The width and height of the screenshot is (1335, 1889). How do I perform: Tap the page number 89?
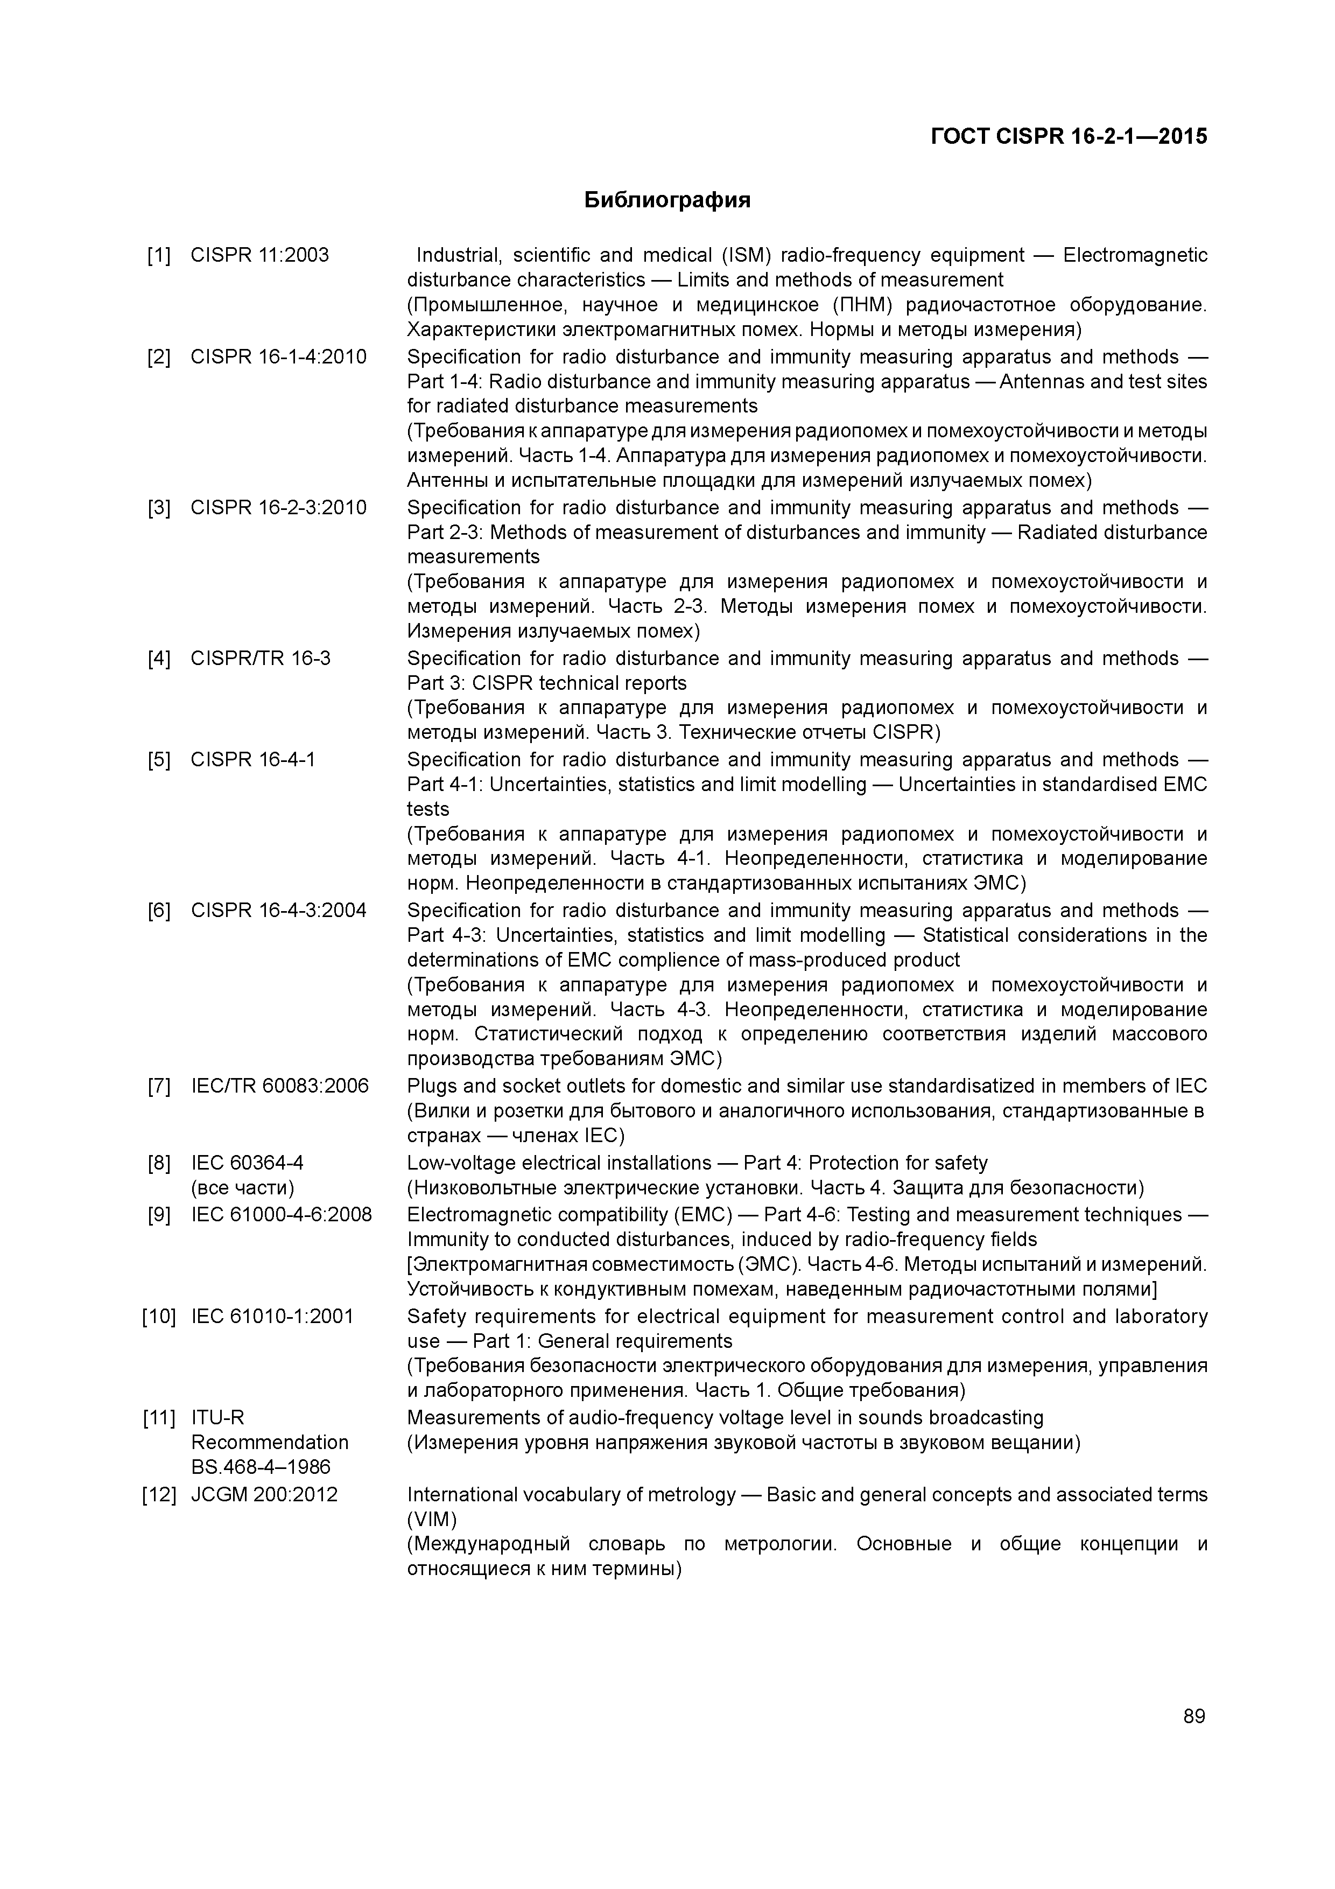1193,1716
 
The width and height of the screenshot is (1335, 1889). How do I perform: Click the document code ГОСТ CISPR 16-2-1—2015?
1069,137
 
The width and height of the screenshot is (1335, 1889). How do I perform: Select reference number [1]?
159,255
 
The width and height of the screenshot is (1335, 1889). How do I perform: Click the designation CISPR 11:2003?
259,255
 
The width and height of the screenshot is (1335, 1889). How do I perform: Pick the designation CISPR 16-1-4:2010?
278,357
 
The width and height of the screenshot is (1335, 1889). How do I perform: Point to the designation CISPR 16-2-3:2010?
278,508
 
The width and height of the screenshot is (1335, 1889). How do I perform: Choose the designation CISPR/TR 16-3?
260,658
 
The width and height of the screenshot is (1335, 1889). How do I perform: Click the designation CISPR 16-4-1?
252,759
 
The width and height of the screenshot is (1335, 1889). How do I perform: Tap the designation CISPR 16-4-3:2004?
278,910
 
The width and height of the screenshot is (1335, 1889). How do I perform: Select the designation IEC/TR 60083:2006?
280,1086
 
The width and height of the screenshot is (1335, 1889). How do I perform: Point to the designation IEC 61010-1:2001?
272,1316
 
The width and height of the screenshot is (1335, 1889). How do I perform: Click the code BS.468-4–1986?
260,1466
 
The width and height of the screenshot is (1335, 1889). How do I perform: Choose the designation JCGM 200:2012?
264,1494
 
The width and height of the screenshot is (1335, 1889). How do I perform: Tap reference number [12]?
159,1494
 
